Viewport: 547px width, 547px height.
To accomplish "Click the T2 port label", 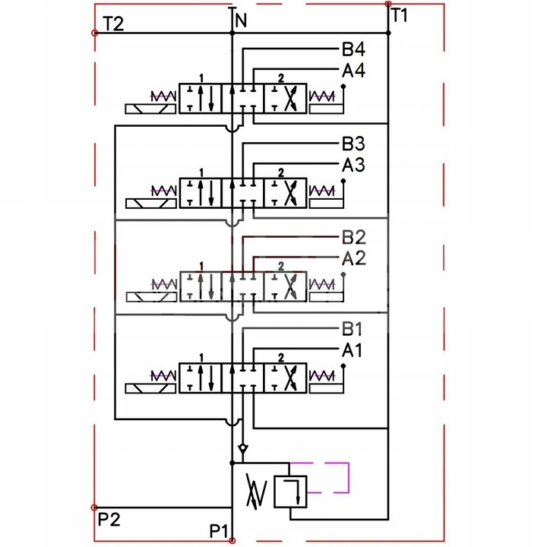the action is [x=113, y=24].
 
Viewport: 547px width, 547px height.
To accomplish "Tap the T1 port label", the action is [x=399, y=15].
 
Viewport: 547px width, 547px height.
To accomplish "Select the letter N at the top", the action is [x=241, y=21].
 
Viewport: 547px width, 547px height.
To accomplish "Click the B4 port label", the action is [x=353, y=49].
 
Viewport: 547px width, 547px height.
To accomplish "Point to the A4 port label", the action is [x=353, y=71].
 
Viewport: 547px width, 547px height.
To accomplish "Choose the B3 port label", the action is [x=353, y=143].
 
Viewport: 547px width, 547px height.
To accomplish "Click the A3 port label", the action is [x=353, y=165].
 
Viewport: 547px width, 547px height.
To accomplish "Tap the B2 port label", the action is [x=354, y=237].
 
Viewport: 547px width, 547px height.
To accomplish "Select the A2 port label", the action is [x=354, y=258].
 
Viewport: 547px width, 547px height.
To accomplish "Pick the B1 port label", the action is [x=352, y=328].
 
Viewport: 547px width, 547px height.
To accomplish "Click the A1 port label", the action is [x=352, y=350].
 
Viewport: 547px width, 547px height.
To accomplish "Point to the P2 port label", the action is [x=109, y=519].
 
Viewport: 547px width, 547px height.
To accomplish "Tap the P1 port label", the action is [x=218, y=531].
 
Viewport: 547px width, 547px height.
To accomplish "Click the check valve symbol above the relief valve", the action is [x=243, y=448].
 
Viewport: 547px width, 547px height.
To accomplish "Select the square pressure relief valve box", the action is [x=290, y=492].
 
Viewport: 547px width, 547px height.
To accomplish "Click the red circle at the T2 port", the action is [x=94, y=33].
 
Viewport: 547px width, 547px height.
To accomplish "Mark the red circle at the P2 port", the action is [x=94, y=507].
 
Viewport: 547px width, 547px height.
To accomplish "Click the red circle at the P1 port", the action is [x=232, y=541].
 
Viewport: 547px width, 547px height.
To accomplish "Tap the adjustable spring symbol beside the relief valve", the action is [x=257, y=491].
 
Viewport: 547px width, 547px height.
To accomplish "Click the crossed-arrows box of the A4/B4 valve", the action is [x=285, y=98].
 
